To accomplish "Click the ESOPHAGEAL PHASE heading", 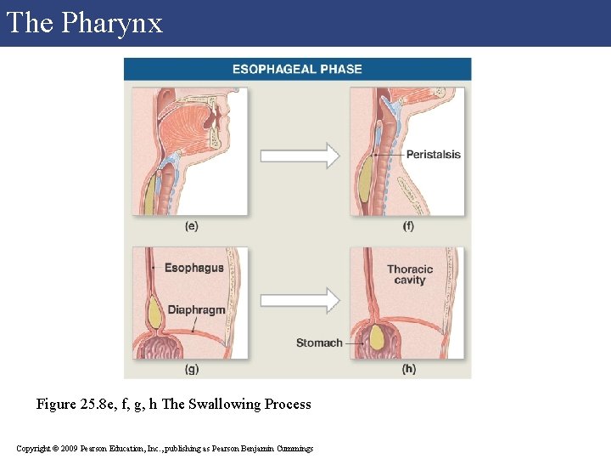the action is click(297, 69).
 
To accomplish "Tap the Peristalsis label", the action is click(433, 155).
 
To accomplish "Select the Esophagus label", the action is click(193, 268).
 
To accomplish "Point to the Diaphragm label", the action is click(196, 309).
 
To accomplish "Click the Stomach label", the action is click(319, 343).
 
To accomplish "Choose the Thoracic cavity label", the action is click(410, 275).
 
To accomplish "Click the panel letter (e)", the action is click(191, 226).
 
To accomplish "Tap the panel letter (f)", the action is click(408, 226).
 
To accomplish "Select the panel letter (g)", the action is click(192, 369).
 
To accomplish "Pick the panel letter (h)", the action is click(409, 369).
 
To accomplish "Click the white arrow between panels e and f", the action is click(299, 156).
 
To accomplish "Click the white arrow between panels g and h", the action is click(299, 299).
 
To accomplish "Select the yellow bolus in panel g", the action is click(155, 314).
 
